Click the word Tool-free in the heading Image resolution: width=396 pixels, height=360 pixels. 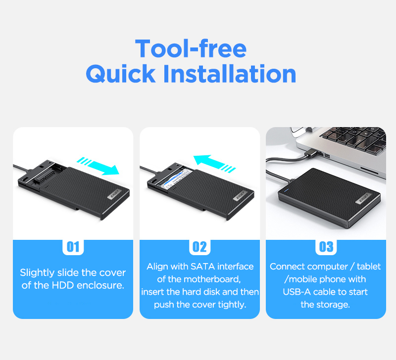coord(191,48)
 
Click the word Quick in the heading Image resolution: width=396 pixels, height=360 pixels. coord(121,74)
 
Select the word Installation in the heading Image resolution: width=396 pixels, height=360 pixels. coord(230,73)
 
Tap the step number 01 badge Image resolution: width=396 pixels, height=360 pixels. coord(73,247)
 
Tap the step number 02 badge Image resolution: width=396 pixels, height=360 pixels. coord(199,247)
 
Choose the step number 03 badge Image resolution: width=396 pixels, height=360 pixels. coord(326,247)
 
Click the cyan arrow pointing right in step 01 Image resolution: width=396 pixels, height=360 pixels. coord(99,166)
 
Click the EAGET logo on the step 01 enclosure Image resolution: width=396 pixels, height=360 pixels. coord(114,194)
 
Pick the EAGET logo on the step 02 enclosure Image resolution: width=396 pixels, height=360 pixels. coord(240,195)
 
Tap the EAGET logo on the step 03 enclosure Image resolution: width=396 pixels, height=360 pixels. coord(364,198)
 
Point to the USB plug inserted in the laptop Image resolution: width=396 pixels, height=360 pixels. coord(313,152)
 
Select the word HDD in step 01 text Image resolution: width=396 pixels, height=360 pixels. coord(63,285)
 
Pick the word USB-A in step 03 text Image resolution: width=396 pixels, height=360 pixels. coord(297,292)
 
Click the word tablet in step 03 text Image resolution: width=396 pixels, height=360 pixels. coord(369,267)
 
